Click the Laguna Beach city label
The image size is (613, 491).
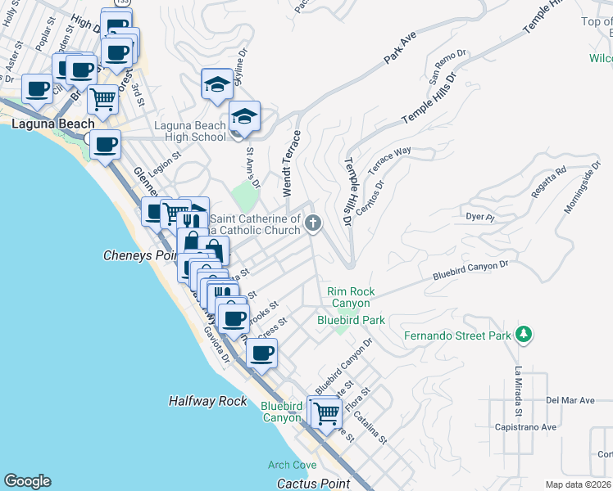pos(45,124)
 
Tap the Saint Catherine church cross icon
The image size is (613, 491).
pos(312,222)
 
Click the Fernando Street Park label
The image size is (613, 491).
pos(457,336)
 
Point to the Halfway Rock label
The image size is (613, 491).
pos(207,401)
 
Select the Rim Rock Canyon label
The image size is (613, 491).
pos(351,297)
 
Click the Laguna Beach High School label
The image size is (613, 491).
pos(190,131)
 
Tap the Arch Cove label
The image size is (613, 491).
pos(292,465)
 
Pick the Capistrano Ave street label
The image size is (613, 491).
pos(525,426)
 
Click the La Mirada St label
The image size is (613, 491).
pos(518,382)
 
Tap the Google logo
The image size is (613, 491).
pos(27,481)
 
